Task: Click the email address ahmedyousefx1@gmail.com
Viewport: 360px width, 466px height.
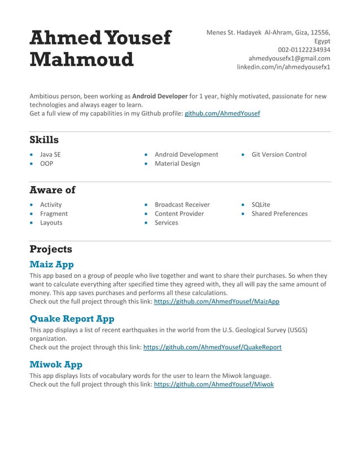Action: point(289,58)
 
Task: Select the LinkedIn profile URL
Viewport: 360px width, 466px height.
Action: point(283,67)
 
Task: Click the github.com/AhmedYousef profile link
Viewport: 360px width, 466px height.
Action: point(222,113)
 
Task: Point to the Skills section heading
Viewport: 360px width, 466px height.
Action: point(44,140)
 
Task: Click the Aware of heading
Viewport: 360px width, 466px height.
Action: point(52,190)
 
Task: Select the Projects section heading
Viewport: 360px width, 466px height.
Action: point(51,249)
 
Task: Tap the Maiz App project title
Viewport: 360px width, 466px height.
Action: point(51,264)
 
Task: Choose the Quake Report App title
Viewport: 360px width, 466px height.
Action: point(72,319)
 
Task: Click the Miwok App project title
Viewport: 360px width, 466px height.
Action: point(56,364)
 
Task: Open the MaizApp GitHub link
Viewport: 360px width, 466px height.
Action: point(217,302)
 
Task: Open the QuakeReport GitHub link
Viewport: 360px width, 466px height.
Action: point(212,348)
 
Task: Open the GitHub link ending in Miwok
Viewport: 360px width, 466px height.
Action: point(214,384)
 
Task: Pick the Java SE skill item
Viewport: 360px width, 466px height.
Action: point(50,155)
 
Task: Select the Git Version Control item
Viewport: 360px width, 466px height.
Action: point(279,155)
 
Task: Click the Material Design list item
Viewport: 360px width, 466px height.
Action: point(177,164)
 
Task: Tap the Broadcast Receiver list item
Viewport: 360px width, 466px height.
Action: point(182,205)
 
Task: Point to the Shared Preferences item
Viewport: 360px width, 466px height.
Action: point(279,214)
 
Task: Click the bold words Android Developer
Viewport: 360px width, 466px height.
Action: point(160,96)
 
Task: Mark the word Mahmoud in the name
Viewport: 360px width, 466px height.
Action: point(81,59)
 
